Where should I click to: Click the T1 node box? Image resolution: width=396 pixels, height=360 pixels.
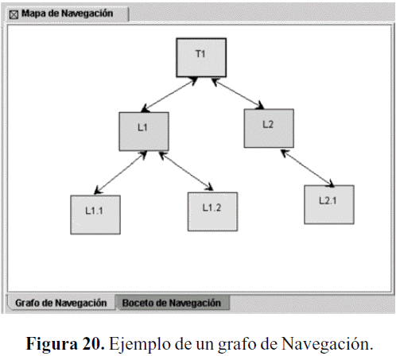201,58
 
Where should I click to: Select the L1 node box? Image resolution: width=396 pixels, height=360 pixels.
144,131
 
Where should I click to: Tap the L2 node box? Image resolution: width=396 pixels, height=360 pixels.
269,128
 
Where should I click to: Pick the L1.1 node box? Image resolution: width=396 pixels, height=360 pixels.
95,215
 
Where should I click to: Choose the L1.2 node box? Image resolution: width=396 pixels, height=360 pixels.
212,211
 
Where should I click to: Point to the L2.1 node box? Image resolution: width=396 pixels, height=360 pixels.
329,204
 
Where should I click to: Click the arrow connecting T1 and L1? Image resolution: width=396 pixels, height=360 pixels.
169,95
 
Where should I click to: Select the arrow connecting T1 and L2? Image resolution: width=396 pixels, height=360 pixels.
238,94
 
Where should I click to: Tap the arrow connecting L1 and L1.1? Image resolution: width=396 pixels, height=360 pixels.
121,172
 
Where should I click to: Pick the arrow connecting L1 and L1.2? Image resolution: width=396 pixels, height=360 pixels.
186,171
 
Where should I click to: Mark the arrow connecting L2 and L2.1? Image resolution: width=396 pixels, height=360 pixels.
307,168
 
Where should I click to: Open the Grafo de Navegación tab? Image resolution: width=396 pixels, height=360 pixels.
61,303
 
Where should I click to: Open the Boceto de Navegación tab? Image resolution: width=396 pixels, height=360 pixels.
172,303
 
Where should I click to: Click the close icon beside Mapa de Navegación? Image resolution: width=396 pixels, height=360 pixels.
14,14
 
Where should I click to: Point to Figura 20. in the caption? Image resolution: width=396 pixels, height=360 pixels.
65,343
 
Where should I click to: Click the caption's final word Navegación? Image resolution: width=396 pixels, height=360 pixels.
328,344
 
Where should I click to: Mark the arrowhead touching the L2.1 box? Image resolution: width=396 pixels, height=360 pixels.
331,184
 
